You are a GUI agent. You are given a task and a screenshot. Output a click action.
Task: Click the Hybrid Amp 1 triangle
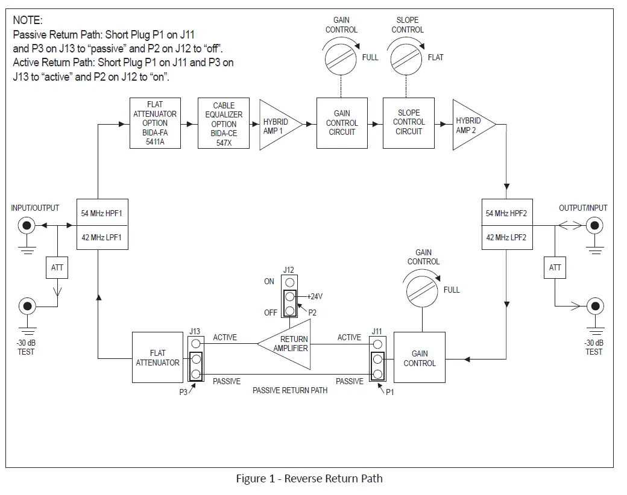[277, 125]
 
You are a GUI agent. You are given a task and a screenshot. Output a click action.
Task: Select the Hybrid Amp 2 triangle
[471, 125]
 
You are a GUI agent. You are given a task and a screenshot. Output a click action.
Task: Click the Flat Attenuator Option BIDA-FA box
[155, 124]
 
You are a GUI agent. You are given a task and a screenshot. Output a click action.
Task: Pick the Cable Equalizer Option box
[224, 124]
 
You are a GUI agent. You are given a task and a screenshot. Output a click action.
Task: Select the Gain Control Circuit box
[342, 123]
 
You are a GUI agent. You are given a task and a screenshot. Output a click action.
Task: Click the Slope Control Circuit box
[409, 123]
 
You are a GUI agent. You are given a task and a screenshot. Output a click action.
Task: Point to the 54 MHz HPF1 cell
[101, 213]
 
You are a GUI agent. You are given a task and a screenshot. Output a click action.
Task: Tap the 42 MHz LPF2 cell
[506, 238]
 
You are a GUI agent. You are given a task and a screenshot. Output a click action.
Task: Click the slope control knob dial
[407, 58]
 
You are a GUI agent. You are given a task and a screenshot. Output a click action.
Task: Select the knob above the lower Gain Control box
[423, 290]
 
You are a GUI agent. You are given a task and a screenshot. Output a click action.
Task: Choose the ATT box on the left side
[57, 267]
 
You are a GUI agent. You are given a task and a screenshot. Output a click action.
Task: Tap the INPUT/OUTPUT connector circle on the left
[27, 226]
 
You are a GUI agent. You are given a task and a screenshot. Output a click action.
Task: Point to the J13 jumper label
[194, 331]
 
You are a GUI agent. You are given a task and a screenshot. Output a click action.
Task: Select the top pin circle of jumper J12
[290, 282]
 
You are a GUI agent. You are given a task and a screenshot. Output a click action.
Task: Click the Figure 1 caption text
[309, 479]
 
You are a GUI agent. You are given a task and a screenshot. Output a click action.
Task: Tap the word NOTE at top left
[28, 20]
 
